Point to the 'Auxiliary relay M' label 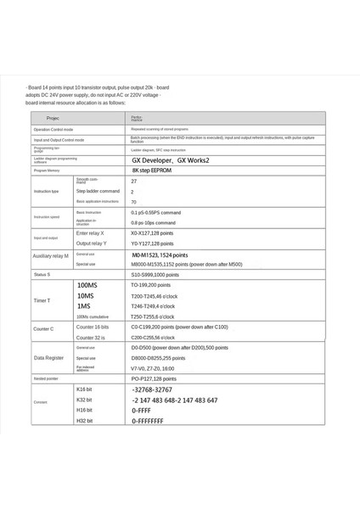click(51, 255)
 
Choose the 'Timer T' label click(43, 300)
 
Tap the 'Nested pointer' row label click(48, 379)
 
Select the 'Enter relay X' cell click(91, 232)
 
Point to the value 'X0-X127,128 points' click(156, 232)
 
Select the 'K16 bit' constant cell click(85, 389)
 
